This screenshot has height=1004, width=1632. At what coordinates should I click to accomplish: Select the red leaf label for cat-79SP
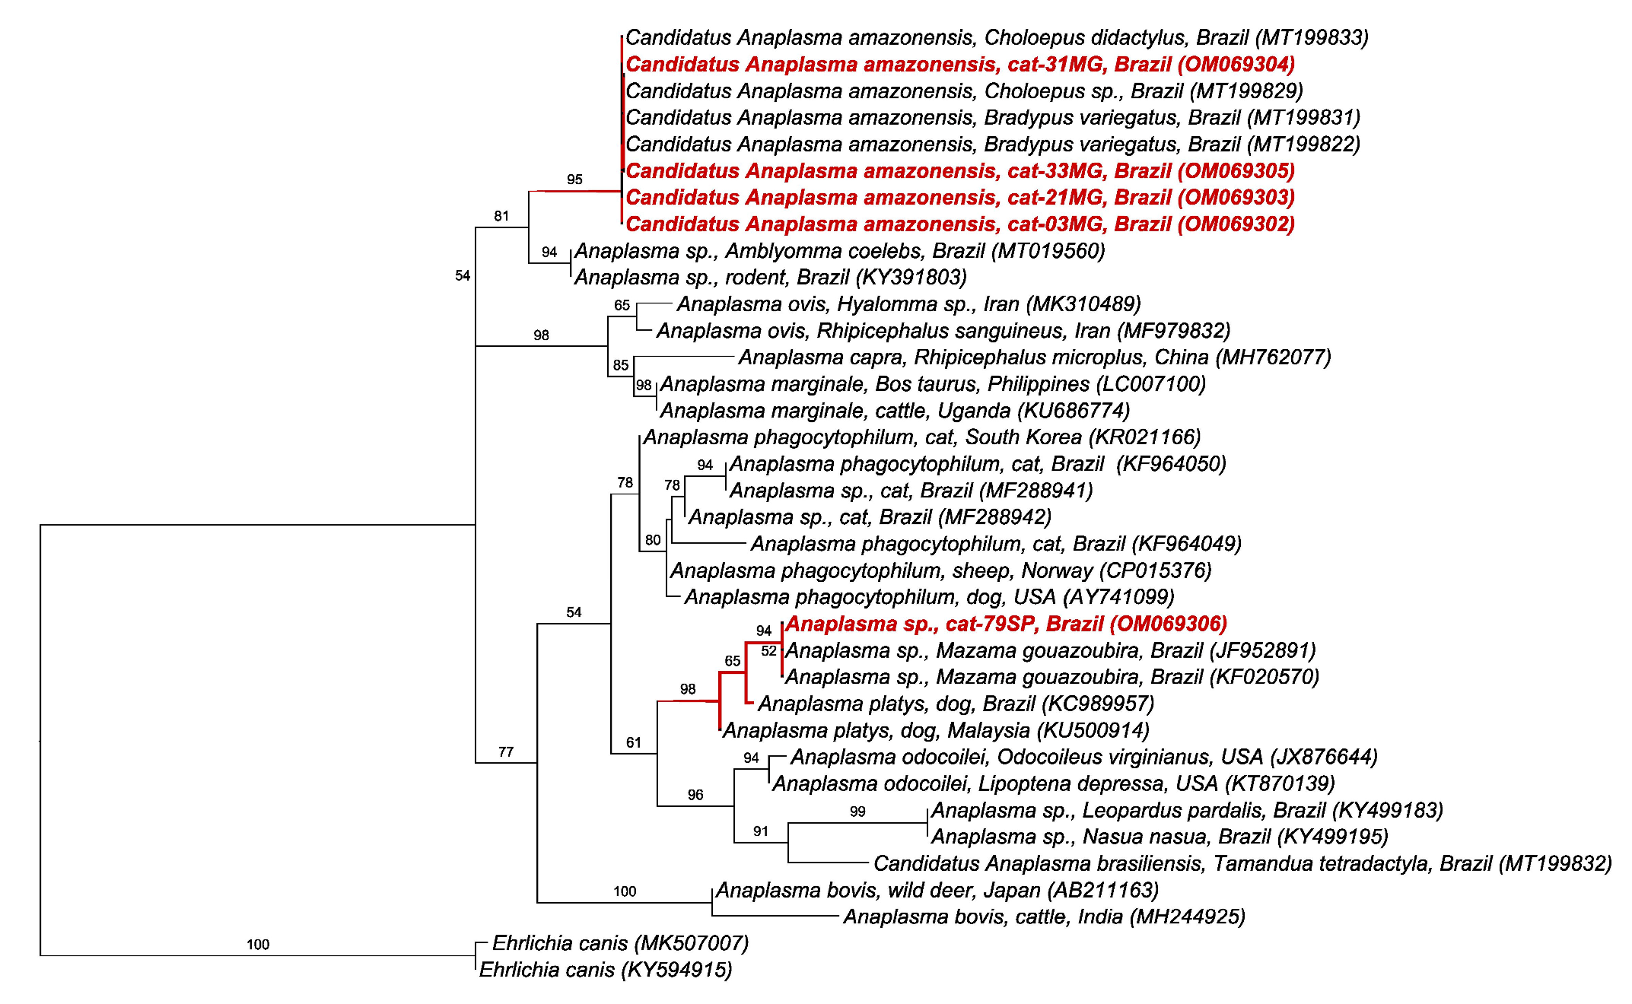coord(1006,624)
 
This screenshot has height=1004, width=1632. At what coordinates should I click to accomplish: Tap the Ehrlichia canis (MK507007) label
coord(620,944)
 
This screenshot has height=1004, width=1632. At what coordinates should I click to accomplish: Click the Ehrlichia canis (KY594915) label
coord(606,971)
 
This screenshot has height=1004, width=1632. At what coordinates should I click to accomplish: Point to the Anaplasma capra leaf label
coord(1035,357)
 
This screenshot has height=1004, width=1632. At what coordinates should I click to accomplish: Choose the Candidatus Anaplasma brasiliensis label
coord(1242,864)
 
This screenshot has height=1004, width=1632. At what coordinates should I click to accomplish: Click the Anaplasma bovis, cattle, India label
coord(1044,917)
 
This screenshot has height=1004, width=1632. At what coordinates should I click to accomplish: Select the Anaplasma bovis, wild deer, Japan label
coord(937,891)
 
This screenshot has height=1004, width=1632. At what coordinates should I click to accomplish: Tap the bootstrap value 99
coord(857,812)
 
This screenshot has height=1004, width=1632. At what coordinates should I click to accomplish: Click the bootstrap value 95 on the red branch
coord(574,180)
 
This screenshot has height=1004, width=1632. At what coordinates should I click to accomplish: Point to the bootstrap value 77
coord(506,752)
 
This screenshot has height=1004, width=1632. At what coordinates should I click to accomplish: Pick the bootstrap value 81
coord(501,217)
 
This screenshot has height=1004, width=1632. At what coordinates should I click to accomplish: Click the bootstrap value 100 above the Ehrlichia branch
coord(258,945)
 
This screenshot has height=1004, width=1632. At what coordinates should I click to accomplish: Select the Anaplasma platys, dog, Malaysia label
coord(936,731)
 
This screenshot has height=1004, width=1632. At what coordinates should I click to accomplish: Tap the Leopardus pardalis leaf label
coord(1187,811)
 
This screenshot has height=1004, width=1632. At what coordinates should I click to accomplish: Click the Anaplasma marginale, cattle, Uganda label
coord(895,411)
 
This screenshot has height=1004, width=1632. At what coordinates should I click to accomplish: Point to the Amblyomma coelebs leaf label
coord(839,251)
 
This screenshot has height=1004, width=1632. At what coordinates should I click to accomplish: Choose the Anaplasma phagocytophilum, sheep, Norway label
coord(940,571)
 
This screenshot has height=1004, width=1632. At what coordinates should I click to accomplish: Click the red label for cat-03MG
coord(960,224)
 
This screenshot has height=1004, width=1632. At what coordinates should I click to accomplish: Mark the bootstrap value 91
coord(761,832)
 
